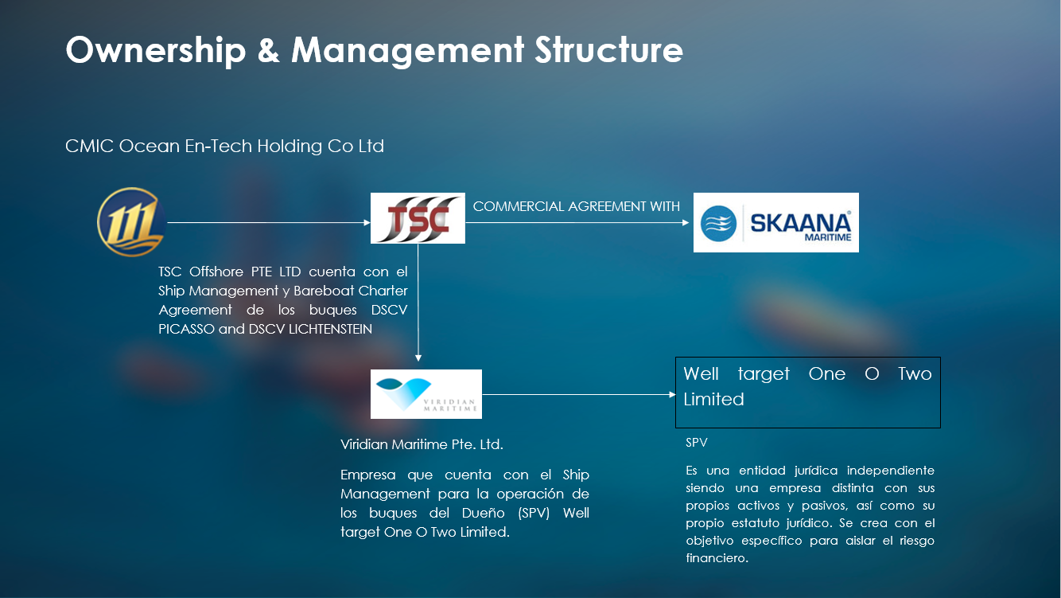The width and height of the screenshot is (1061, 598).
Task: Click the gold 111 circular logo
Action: coord(131,221)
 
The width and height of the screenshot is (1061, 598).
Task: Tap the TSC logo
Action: coord(418,218)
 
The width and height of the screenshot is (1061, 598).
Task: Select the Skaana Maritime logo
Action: coord(775,222)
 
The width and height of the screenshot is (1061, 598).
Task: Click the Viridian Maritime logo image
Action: coord(426,394)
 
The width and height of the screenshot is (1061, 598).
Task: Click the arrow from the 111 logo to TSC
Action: coord(269,222)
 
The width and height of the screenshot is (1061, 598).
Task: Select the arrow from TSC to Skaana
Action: coord(577,222)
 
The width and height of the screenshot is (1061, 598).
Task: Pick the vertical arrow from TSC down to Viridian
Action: coord(418,303)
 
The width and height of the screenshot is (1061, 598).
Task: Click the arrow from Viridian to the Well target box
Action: coord(579,394)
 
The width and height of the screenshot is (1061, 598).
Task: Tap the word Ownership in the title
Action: coord(156,50)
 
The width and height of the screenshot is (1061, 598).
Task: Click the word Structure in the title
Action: coord(608,49)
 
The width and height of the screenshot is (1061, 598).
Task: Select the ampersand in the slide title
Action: coord(269,50)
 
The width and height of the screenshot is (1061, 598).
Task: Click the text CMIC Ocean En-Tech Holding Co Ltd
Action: coord(224,146)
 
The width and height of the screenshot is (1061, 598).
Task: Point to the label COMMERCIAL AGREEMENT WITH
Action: coord(577,206)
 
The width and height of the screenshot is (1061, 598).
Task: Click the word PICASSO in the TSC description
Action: coord(186,329)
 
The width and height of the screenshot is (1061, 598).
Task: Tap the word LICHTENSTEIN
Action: coord(330,329)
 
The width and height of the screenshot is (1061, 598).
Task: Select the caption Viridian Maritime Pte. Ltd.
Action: coord(422,444)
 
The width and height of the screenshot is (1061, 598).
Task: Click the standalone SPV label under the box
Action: coord(696,443)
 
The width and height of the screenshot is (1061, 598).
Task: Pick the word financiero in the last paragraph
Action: coord(717,557)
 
